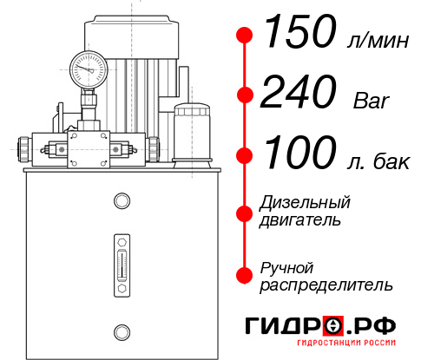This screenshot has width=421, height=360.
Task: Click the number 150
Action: click(x=297, y=34)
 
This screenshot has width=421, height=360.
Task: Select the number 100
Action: click(x=297, y=154)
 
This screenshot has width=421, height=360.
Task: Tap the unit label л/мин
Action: click(x=376, y=41)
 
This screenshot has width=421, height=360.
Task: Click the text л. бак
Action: click(x=383, y=161)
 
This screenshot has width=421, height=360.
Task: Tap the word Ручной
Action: click(x=286, y=266)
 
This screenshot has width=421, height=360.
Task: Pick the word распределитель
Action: click(x=326, y=285)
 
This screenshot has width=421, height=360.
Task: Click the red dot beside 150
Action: click(x=245, y=35)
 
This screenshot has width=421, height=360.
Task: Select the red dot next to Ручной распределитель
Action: click(x=245, y=275)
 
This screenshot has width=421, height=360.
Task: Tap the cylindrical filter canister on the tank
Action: click(x=192, y=132)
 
